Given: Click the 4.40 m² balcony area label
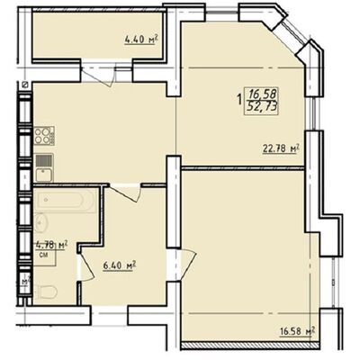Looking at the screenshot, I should tap(141, 39).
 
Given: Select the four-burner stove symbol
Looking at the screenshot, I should tap(44, 138).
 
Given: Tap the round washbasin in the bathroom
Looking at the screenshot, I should tap(44, 221).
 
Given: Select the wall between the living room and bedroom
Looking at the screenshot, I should tap(243, 165).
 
